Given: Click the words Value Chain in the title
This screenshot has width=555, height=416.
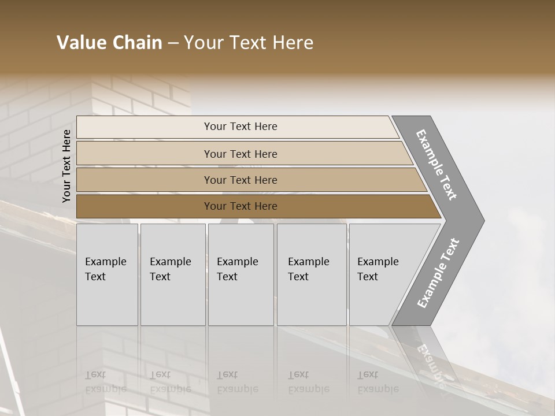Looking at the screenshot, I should point(109,43).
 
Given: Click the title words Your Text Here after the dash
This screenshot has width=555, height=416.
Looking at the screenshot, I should point(249,43).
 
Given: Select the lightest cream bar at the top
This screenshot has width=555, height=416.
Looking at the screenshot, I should point(145,127).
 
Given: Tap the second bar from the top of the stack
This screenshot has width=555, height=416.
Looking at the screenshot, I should point(145,154).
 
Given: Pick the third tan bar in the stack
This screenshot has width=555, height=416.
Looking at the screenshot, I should point(145,180).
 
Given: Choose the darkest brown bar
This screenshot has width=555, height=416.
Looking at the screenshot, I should point(145,206).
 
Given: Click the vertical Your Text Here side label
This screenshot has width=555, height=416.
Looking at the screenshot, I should point(66,166).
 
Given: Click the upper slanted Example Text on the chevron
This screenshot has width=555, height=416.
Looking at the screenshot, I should point(436,165).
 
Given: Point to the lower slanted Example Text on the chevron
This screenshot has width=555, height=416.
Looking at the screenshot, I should point(438,273).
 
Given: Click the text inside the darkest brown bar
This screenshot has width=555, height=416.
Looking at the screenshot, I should point(240,206).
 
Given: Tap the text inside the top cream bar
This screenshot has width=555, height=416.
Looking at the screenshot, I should point(240,127).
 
